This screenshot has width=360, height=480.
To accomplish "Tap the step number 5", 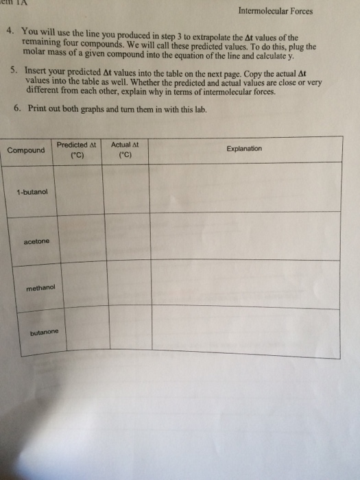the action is point(15,70).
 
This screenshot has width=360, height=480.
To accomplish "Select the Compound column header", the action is point(26,150).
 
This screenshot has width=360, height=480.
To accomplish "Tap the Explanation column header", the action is point(244,149).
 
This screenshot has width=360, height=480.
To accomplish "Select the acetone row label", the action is point(36,241).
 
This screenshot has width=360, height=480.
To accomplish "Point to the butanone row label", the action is point(45,333).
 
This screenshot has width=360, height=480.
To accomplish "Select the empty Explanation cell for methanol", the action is point(248,283).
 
